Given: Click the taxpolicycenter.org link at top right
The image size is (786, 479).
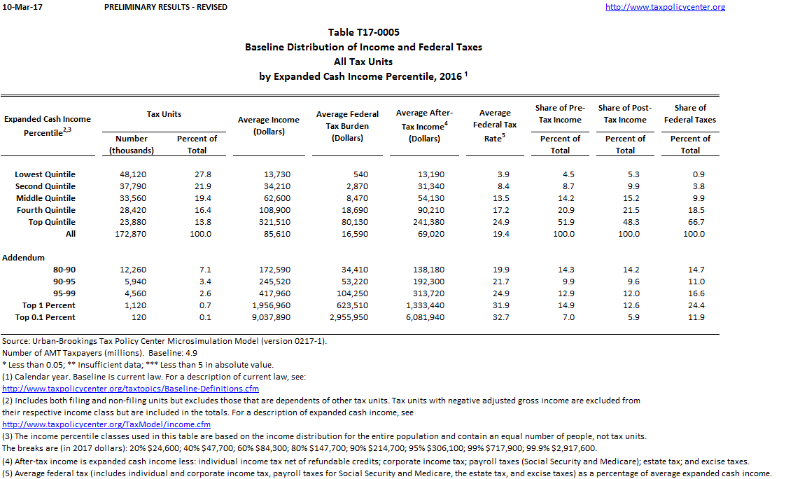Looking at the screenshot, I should click(665, 7).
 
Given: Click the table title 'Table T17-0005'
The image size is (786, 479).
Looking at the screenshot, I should click(363, 32).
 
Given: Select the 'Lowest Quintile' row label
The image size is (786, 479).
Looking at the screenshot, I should click(45, 174).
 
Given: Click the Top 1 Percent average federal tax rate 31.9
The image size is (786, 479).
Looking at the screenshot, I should click(495, 305).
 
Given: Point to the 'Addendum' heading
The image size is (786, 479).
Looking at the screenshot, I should click(24, 258).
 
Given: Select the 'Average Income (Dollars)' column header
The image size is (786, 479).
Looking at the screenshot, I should click(268, 125).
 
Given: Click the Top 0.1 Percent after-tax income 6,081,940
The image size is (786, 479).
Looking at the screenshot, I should click(424, 317).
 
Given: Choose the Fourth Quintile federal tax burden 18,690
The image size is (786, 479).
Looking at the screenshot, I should click(348, 210).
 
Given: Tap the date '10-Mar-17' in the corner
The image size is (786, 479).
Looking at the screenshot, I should click(20, 7).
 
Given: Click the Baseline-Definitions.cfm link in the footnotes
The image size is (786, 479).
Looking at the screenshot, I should click(131, 389).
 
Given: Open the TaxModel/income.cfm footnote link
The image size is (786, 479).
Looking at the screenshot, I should click(106, 424).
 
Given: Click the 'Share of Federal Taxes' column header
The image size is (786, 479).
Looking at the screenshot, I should click(690, 113).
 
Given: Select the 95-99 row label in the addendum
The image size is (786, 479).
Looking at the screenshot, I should click(64, 293).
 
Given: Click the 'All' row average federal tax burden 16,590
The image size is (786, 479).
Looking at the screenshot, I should click(348, 234).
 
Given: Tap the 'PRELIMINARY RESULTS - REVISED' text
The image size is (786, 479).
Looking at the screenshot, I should click(165, 7).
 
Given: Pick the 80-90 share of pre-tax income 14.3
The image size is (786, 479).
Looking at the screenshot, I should click(560, 270).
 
